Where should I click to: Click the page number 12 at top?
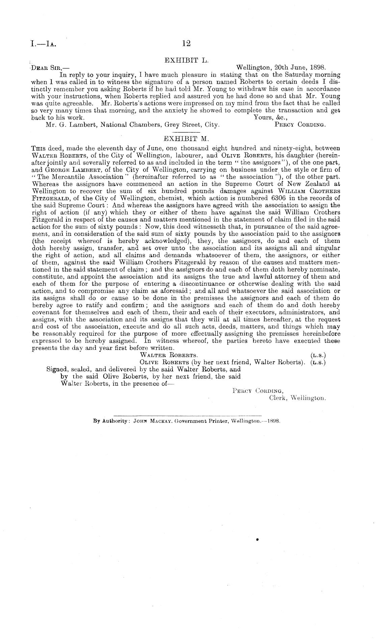tap(186, 44)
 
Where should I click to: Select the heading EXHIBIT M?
tap(187, 138)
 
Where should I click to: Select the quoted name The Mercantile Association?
tap(78, 176)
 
